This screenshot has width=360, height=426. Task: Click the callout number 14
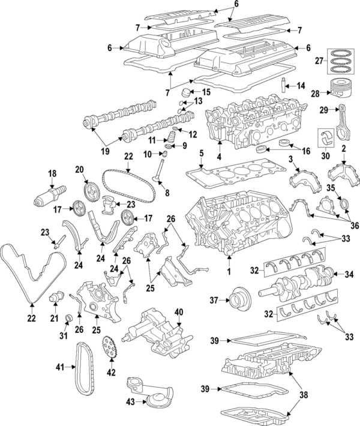point(301,85)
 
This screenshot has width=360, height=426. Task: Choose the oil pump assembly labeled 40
point(157,336)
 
